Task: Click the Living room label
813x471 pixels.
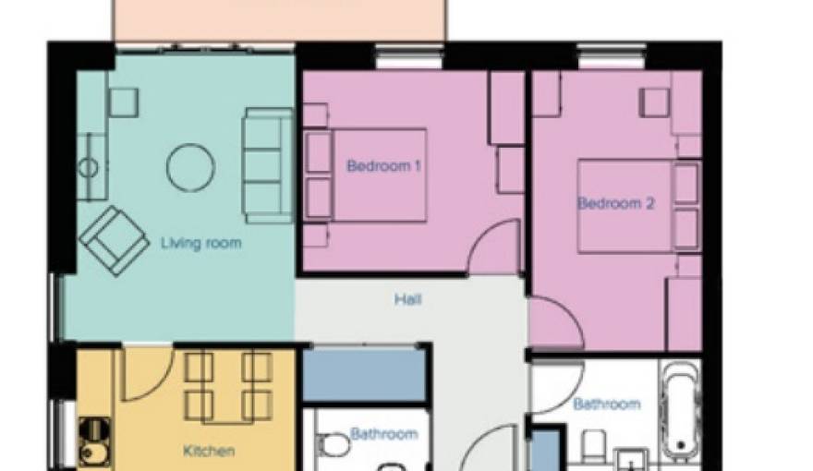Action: pos(200,244)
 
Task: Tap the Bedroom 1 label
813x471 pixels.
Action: pos(383,167)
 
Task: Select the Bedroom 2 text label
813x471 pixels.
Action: pos(615,204)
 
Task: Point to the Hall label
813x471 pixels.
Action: pos(407,299)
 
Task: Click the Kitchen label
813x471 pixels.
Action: pos(208,452)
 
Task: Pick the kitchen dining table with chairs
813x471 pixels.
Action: pos(227,386)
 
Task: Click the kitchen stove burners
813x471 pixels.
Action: pos(93,430)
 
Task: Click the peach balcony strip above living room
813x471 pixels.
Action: pos(277,18)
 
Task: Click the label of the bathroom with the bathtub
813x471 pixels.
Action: pos(606,405)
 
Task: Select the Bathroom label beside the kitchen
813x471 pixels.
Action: pos(383,433)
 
